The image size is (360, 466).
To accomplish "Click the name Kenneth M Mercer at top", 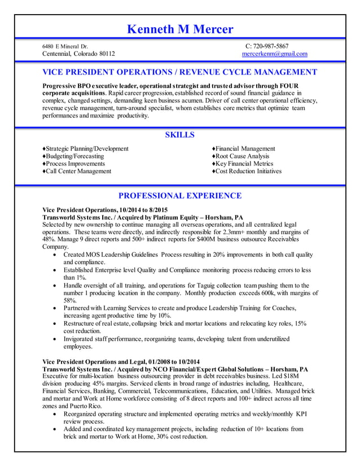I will point(179,29).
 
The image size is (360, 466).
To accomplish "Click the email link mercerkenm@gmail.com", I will point(274,54).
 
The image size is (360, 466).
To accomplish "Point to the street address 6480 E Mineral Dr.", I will point(65,46).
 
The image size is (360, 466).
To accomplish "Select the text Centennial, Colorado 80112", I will point(79,54).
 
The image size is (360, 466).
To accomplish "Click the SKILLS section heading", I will point(179,135).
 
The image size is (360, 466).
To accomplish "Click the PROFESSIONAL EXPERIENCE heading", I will point(179,196).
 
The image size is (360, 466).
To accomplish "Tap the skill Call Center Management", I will point(78,172).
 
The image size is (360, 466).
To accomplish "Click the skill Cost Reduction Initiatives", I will point(248,172).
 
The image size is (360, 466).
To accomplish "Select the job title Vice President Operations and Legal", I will point(121,361).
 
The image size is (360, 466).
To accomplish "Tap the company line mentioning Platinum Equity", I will point(143,217).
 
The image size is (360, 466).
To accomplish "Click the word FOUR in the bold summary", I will point(289,85).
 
